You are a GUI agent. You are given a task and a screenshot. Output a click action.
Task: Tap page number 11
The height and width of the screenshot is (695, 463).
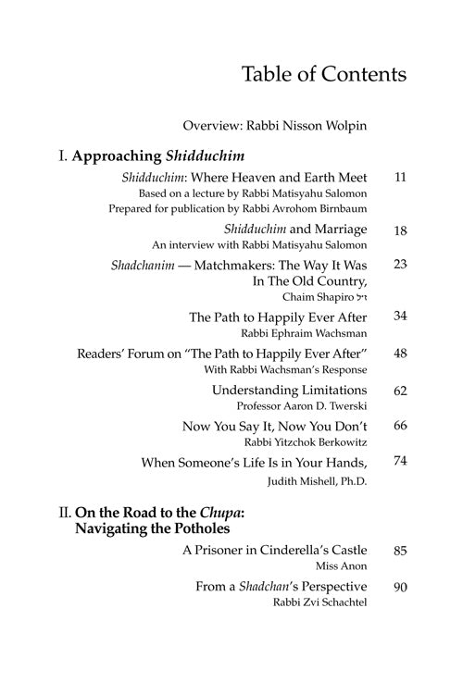coord(401,176)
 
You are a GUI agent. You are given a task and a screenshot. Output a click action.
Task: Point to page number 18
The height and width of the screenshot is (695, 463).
coord(401,229)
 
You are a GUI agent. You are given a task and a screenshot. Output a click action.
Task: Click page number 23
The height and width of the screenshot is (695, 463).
coord(401,265)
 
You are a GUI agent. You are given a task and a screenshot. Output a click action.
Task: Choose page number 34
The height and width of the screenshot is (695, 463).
coord(401,316)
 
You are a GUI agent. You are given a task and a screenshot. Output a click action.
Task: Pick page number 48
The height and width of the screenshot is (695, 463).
coord(401,354)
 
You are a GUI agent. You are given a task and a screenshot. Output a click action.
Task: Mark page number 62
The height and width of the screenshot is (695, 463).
coord(401,391)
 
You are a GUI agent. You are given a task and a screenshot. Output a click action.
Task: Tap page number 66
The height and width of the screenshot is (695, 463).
coord(401,426)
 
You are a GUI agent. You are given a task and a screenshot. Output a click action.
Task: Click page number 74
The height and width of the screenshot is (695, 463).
coord(401,461)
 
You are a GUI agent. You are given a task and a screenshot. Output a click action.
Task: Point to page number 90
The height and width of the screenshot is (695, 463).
coord(401,587)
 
